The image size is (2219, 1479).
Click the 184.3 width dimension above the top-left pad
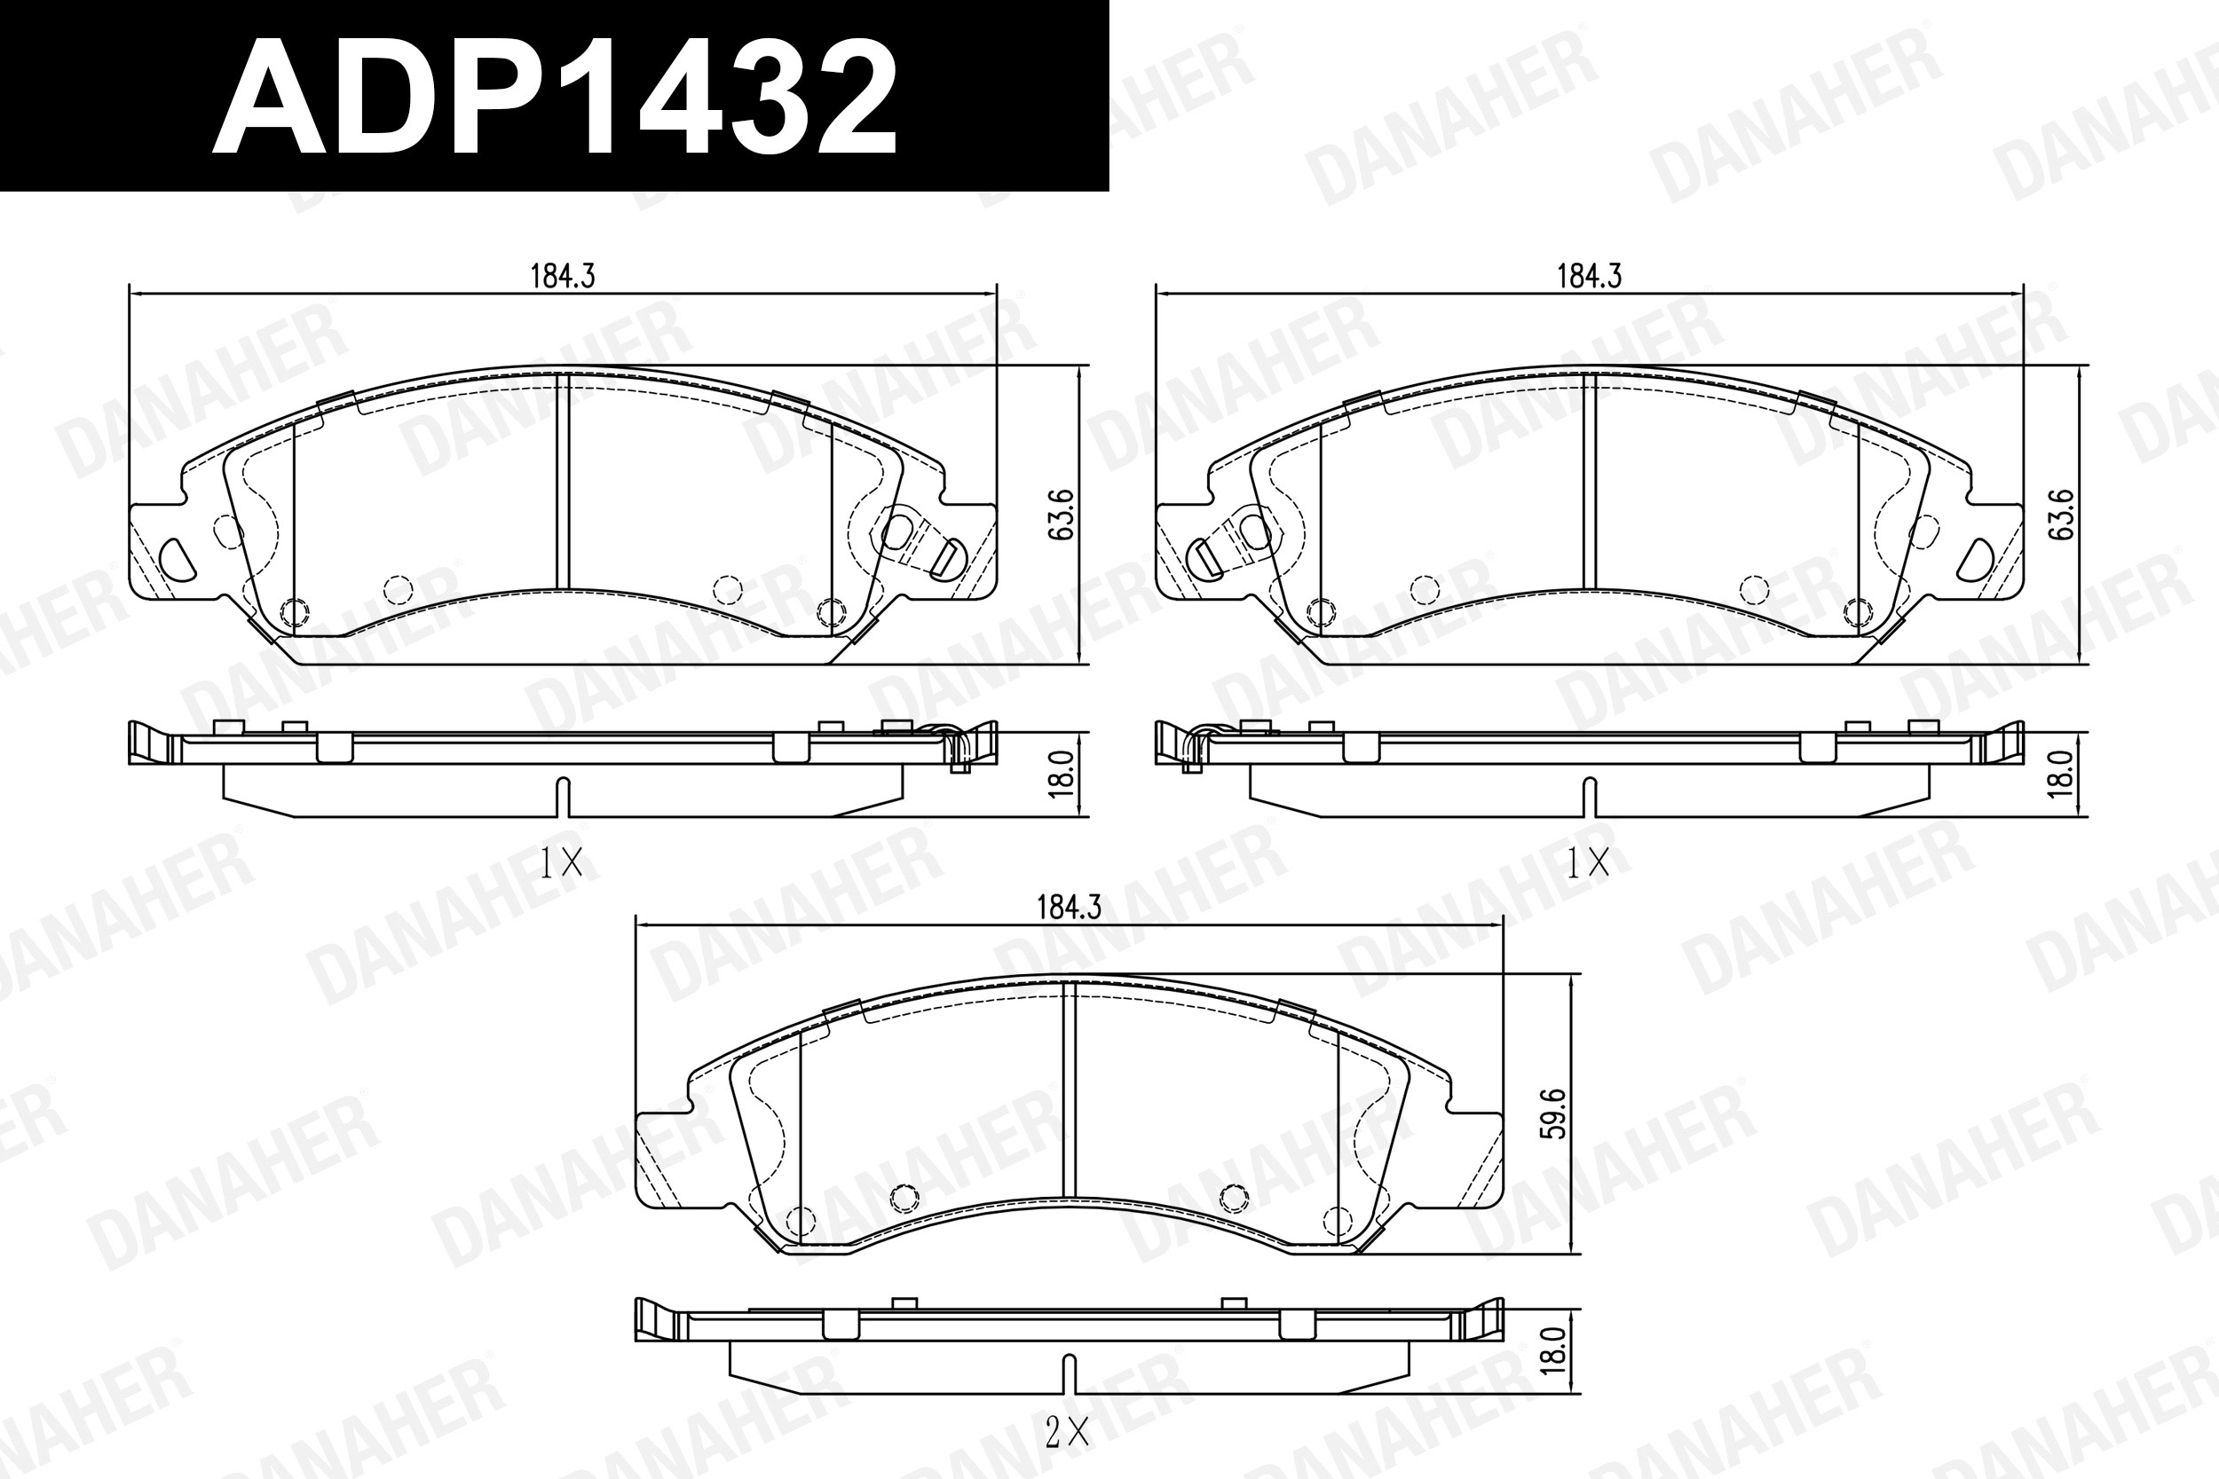point(563,276)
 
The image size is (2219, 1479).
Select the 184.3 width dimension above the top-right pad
point(1589,276)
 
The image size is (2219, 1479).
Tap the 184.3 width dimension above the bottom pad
point(1069,908)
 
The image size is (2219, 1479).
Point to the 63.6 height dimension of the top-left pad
point(1063,514)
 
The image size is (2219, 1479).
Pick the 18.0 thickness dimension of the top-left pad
point(1063,775)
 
